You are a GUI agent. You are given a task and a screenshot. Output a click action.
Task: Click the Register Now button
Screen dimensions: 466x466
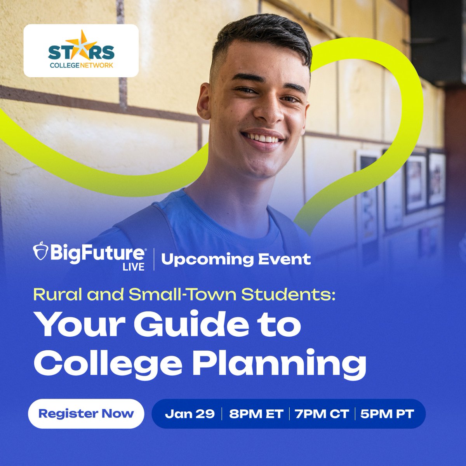tap(86, 414)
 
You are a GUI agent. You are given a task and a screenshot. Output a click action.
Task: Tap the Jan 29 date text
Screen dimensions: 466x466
tap(190, 414)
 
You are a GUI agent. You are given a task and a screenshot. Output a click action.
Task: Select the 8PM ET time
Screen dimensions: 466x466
tap(256, 414)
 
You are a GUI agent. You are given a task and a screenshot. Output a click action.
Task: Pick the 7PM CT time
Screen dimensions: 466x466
tap(322, 414)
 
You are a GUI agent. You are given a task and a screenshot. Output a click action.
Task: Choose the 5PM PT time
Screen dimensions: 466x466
tap(387, 414)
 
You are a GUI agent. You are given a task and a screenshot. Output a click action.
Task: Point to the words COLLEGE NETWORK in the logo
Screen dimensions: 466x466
tap(81, 66)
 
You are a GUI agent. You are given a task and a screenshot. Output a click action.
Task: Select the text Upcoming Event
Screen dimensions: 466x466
tap(236, 259)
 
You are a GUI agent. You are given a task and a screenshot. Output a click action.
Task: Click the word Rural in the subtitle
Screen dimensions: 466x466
tap(57, 295)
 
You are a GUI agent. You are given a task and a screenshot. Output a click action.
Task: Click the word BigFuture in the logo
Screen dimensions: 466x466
tap(96, 253)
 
